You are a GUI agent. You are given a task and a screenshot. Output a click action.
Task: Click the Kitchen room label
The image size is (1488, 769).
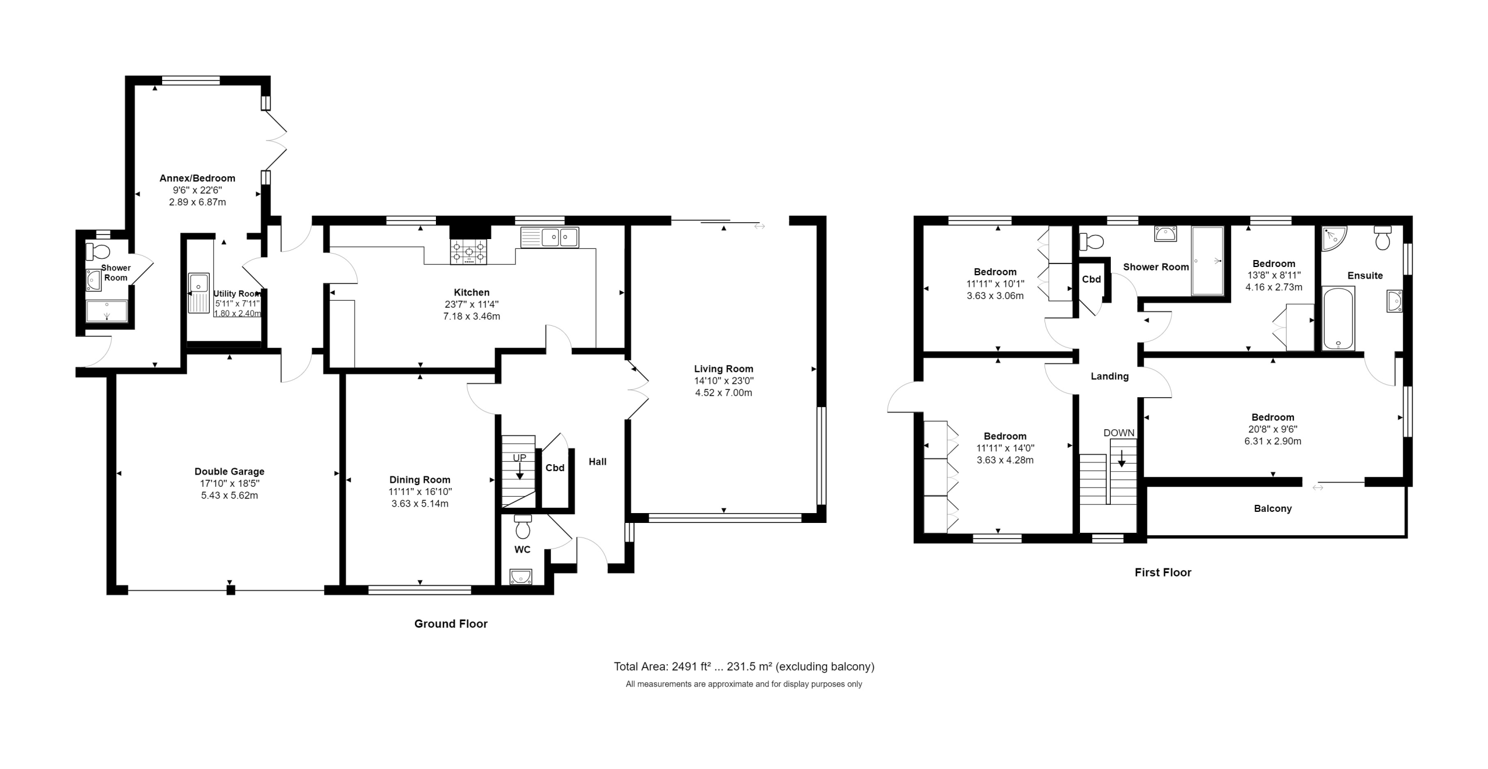click(x=471, y=292)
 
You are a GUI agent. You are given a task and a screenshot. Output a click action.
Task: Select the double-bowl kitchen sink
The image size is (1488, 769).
click(x=550, y=237)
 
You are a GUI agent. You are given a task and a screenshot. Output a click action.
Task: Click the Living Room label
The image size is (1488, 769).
click(x=724, y=368)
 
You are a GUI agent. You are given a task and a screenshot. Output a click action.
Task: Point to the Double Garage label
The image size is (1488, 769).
click(x=230, y=471)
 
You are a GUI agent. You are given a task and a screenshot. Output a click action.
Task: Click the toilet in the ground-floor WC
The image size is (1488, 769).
click(x=523, y=526)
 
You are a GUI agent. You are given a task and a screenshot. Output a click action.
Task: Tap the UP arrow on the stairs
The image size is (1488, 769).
click(x=520, y=470)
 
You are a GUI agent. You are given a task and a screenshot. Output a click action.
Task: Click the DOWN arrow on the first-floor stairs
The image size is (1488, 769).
click(x=1122, y=458)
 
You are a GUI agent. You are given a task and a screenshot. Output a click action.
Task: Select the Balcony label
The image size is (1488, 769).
click(x=1273, y=508)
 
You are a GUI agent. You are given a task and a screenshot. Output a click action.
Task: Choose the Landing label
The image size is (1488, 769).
click(x=1110, y=376)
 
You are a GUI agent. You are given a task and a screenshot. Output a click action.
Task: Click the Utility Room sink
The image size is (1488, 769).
click(x=199, y=293)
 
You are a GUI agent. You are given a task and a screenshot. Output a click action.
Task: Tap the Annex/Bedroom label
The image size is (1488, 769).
click(x=198, y=178)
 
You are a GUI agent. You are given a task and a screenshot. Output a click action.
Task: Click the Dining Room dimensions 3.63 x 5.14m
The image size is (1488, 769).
click(x=420, y=504)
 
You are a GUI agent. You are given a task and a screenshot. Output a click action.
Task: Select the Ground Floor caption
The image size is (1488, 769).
click(x=451, y=624)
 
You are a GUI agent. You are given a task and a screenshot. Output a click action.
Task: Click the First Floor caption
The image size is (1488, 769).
click(x=1163, y=572)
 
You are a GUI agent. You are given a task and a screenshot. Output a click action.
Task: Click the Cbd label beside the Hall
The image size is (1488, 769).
click(x=555, y=468)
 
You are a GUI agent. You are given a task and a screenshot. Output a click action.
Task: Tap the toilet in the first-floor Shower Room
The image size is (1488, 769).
click(x=1091, y=240)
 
